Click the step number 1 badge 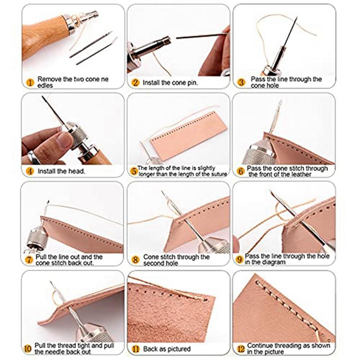click(x=30, y=82)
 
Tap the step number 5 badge click(x=134, y=171)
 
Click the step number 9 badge click(x=240, y=260)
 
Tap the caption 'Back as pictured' click(x=166, y=349)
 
